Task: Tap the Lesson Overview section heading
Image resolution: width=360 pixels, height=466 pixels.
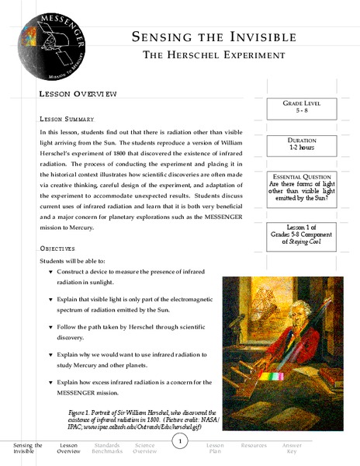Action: coord(78,93)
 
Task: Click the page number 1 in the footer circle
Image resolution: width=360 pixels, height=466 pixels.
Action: coord(179,442)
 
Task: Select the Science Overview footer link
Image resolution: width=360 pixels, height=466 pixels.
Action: coord(144,448)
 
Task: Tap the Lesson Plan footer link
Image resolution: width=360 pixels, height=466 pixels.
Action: coord(215,448)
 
